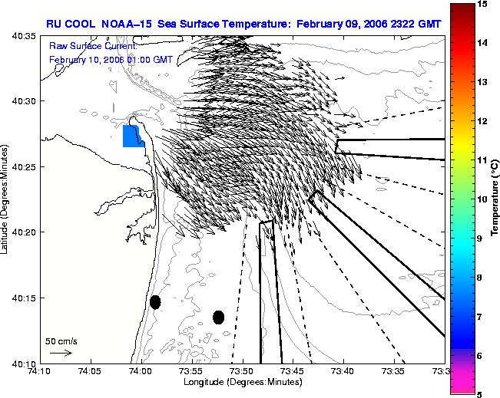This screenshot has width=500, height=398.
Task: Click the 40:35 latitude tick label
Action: [25, 36]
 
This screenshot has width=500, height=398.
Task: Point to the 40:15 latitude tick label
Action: [25, 298]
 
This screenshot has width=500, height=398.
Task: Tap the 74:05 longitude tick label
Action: [91, 371]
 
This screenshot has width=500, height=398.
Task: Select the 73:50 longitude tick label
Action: [243, 371]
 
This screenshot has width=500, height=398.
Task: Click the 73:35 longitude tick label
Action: [395, 371]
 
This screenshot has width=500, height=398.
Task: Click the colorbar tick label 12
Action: [482, 121]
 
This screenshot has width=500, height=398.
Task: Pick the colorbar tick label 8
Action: [479, 278]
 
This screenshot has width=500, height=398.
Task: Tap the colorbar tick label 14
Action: [482, 43]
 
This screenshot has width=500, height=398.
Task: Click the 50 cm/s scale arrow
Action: [61, 353]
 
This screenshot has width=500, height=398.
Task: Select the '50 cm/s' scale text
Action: [61, 342]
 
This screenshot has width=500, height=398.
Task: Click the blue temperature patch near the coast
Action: [133, 137]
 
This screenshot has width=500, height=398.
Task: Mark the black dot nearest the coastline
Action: [155, 302]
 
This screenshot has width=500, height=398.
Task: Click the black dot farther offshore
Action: [218, 317]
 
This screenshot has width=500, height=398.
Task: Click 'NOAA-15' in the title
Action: [126, 24]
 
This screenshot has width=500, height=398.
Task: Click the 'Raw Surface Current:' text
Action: [93, 46]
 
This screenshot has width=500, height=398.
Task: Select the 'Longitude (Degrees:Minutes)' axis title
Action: [243, 382]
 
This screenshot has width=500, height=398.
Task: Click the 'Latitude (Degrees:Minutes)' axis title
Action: [5, 199]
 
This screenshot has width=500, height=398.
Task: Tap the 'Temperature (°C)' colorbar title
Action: [495, 198]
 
